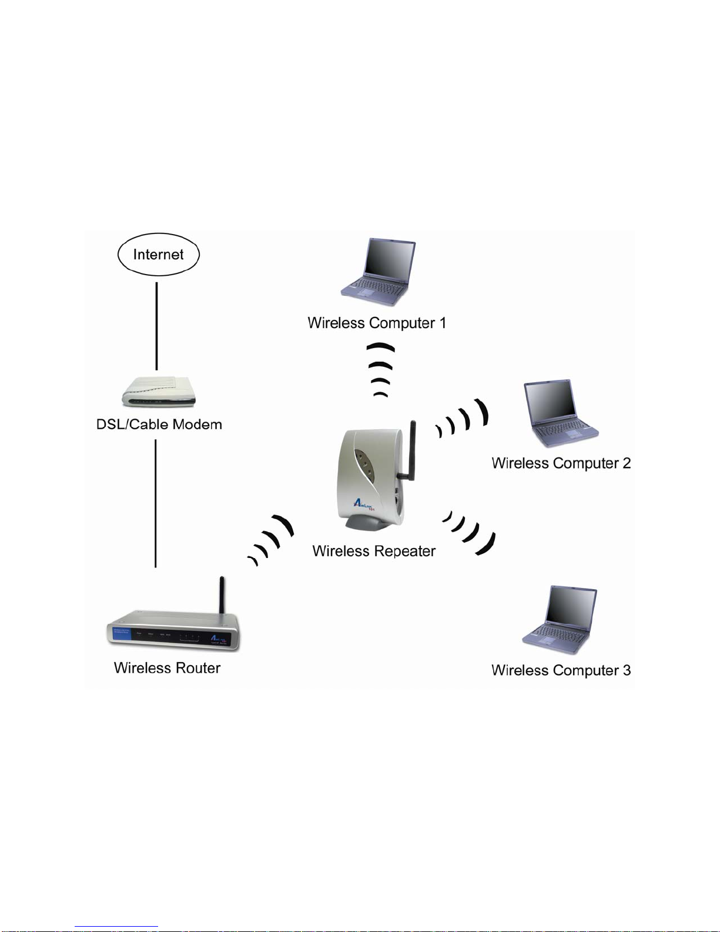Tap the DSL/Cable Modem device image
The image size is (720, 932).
[x=159, y=392]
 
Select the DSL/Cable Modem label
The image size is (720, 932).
[x=159, y=425]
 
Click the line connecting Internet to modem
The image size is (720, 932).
[x=156, y=326]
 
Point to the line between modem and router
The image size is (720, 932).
[x=156, y=503]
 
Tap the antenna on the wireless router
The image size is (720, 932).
[x=222, y=595]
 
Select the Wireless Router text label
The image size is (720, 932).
[x=167, y=668]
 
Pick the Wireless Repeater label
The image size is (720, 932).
[x=374, y=551]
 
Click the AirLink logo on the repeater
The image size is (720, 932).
[x=364, y=505]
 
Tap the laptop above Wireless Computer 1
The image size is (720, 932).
[x=378, y=272]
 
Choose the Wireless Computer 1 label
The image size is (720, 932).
[x=377, y=323]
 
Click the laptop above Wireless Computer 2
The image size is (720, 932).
[x=561, y=413]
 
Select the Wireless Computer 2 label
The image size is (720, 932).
[x=561, y=463]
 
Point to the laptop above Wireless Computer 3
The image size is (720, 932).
[x=560, y=619]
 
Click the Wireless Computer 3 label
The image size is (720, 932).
[x=561, y=670]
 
